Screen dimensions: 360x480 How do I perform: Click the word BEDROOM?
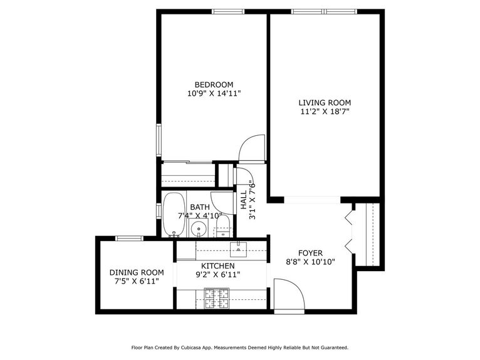[214, 85]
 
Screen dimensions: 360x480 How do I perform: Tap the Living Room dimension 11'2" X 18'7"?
[324, 112]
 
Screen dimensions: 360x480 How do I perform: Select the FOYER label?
[310, 253]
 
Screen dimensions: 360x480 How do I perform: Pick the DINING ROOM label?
[137, 272]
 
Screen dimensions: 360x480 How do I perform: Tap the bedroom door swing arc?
[253, 149]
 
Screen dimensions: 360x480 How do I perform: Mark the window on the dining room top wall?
[129, 239]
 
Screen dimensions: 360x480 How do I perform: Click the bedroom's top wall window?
[228, 11]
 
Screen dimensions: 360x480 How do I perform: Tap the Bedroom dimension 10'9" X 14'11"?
[214, 94]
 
